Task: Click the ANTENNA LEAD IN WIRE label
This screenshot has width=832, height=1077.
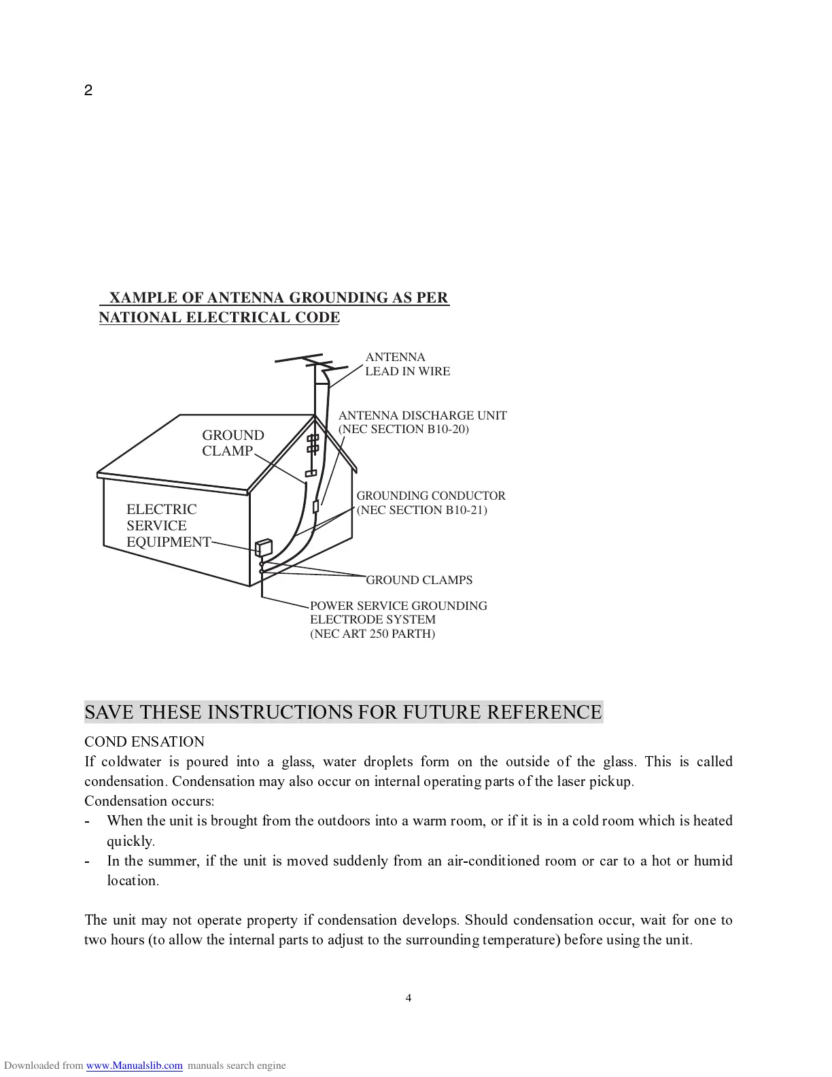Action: [407, 364]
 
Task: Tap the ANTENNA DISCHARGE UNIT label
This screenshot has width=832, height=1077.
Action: [422, 415]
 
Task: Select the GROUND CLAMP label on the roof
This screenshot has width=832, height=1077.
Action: [232, 443]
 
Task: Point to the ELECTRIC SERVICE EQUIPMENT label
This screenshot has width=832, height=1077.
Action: [168, 526]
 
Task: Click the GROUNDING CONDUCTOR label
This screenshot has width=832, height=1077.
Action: [431, 496]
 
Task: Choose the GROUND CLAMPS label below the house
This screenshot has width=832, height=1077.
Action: [419, 580]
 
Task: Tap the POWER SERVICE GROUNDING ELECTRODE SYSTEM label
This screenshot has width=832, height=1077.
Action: [398, 613]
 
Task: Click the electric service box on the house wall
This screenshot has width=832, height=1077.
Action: [263, 547]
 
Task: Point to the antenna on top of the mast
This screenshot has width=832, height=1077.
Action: [303, 360]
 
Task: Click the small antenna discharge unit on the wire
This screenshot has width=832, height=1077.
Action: [315, 507]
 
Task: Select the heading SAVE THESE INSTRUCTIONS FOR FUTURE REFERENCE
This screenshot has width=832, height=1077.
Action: [343, 713]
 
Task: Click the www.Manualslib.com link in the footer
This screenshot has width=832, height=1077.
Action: [134, 1065]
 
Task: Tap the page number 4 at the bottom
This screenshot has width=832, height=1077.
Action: [409, 998]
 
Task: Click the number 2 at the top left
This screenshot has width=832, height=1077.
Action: [88, 90]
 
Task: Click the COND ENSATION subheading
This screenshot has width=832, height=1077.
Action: [144, 742]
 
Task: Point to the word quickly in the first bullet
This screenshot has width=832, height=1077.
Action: [131, 841]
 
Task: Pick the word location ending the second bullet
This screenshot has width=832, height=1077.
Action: [133, 881]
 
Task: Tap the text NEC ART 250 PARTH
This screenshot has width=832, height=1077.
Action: [372, 634]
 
